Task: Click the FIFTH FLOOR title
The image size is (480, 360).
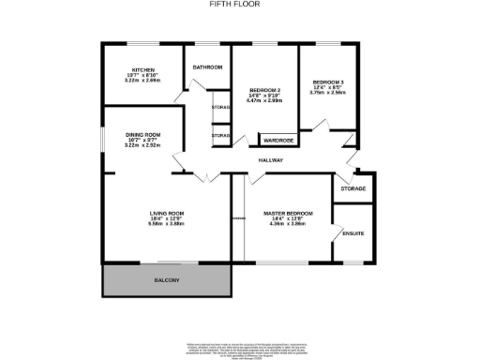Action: click(239, 4)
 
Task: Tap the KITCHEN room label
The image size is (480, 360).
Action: click(143, 70)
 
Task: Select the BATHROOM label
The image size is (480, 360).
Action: click(207, 67)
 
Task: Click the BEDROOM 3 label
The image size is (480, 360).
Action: click(328, 83)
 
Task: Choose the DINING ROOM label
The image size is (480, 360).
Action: click(143, 135)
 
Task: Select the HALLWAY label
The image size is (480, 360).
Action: click(271, 161)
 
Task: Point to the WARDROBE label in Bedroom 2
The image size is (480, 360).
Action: click(277, 141)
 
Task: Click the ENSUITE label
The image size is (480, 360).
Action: click(353, 233)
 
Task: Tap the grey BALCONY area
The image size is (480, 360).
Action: click(166, 280)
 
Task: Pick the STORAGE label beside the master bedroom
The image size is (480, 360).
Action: click(353, 189)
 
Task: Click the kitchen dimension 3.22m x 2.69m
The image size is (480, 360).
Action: click(143, 82)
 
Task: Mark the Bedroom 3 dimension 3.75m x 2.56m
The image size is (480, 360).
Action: click(328, 95)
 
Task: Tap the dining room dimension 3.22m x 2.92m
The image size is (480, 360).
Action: click(143, 147)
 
